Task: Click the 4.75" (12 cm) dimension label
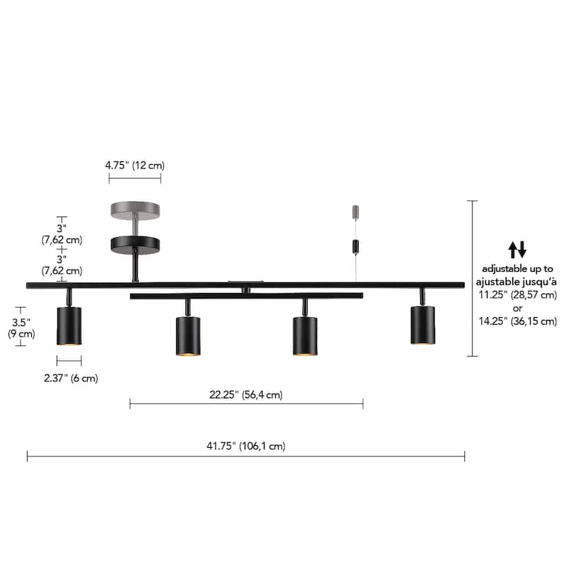coord(134,165)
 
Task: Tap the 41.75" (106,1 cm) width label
coord(246,446)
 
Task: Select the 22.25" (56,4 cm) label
coord(246,395)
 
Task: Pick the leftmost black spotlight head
coord(69,326)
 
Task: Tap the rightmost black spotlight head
coord(423,325)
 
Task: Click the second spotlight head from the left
coord(188,335)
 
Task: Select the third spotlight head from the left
coord(305,335)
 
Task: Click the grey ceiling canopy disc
coord(134,210)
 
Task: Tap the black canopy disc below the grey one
coord(134,244)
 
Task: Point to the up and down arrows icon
coord(518,249)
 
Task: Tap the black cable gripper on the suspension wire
coord(356,247)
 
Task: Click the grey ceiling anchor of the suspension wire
coord(356,212)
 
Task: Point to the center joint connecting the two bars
coord(246,289)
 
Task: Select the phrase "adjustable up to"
coord(518,269)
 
